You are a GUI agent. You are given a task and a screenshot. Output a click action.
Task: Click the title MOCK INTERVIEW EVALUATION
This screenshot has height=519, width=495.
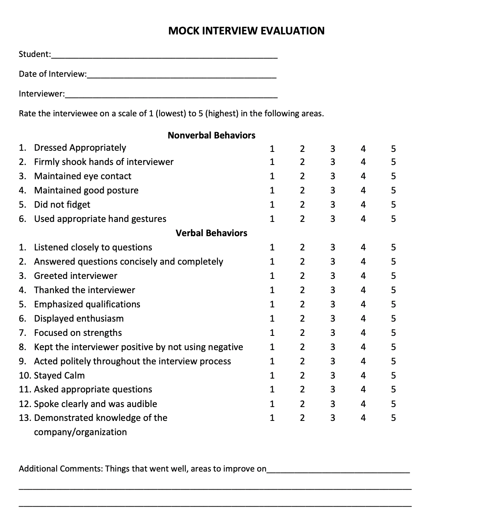[246, 31]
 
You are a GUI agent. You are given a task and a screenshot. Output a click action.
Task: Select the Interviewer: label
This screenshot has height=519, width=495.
[42, 94]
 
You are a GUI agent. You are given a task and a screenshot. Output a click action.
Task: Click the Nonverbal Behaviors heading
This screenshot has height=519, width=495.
[212, 135]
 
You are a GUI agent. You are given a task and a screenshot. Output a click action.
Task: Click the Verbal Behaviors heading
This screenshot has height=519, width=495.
[212, 233]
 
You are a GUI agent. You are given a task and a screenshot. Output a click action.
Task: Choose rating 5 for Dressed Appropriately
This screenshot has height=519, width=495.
[393, 149]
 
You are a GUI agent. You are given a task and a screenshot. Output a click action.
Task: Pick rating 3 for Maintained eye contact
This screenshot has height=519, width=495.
[333, 176]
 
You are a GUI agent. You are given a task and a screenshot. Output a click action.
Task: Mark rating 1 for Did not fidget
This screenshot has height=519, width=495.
[272, 205]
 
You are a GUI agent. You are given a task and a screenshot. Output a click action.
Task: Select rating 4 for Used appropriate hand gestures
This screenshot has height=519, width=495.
[363, 219]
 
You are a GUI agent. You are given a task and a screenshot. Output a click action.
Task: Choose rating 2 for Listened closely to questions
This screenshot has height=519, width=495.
[302, 247]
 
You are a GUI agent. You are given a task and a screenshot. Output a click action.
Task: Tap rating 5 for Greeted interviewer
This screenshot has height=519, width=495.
[393, 276]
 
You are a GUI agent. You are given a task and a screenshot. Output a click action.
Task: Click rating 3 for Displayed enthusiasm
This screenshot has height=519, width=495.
[333, 318]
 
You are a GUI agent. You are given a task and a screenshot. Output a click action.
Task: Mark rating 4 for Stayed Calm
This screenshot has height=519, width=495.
[363, 375]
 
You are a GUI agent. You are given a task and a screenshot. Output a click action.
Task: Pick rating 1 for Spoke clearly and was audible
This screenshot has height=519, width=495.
[272, 404]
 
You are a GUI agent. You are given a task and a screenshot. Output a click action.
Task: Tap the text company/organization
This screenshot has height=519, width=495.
[80, 432]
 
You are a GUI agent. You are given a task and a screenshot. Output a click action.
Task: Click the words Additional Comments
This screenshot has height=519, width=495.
[60, 469]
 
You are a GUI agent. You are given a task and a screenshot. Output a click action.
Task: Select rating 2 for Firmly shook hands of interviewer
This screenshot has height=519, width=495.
[302, 162]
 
